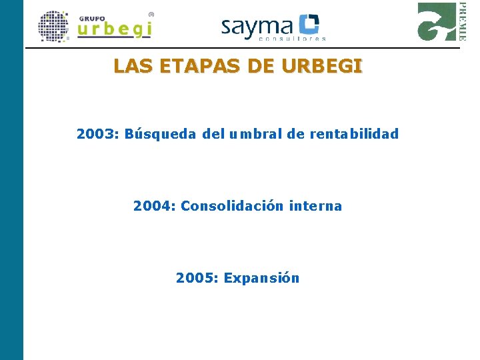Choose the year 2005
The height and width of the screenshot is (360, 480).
(197, 278)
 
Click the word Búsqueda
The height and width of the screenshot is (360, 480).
(161, 134)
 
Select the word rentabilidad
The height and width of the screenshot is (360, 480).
(354, 134)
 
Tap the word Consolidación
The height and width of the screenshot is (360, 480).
(233, 206)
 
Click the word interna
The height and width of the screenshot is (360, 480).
(316, 206)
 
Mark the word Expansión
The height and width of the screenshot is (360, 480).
(261, 278)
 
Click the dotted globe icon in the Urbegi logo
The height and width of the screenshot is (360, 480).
(54, 27)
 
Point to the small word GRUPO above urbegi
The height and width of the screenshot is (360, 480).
(92, 18)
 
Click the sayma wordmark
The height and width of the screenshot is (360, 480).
(257, 27)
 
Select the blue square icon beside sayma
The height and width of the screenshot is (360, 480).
(309, 25)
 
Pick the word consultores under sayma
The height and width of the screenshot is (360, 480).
(292, 39)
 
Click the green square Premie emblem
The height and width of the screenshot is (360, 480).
(437, 21)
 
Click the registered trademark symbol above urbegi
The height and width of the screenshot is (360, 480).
(151, 13)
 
